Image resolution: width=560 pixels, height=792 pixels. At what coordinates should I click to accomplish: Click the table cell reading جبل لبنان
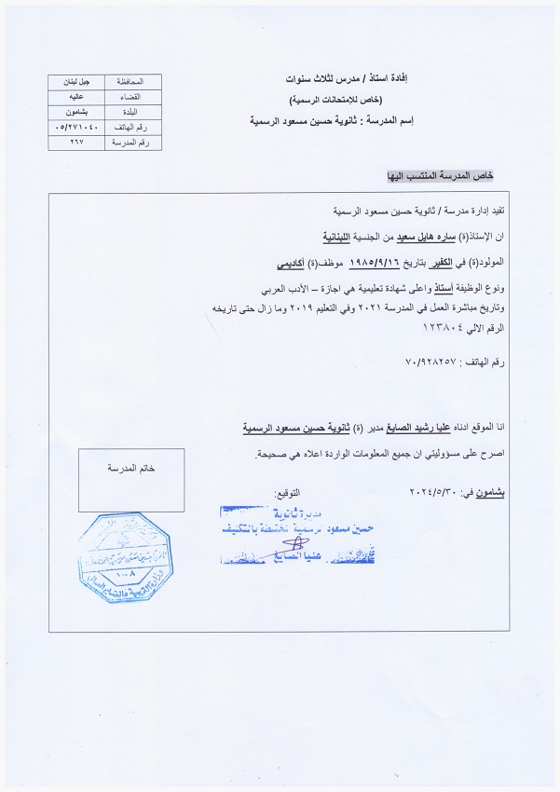tap(76, 81)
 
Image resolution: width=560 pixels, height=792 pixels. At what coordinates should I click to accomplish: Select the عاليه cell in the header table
tap(76, 95)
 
